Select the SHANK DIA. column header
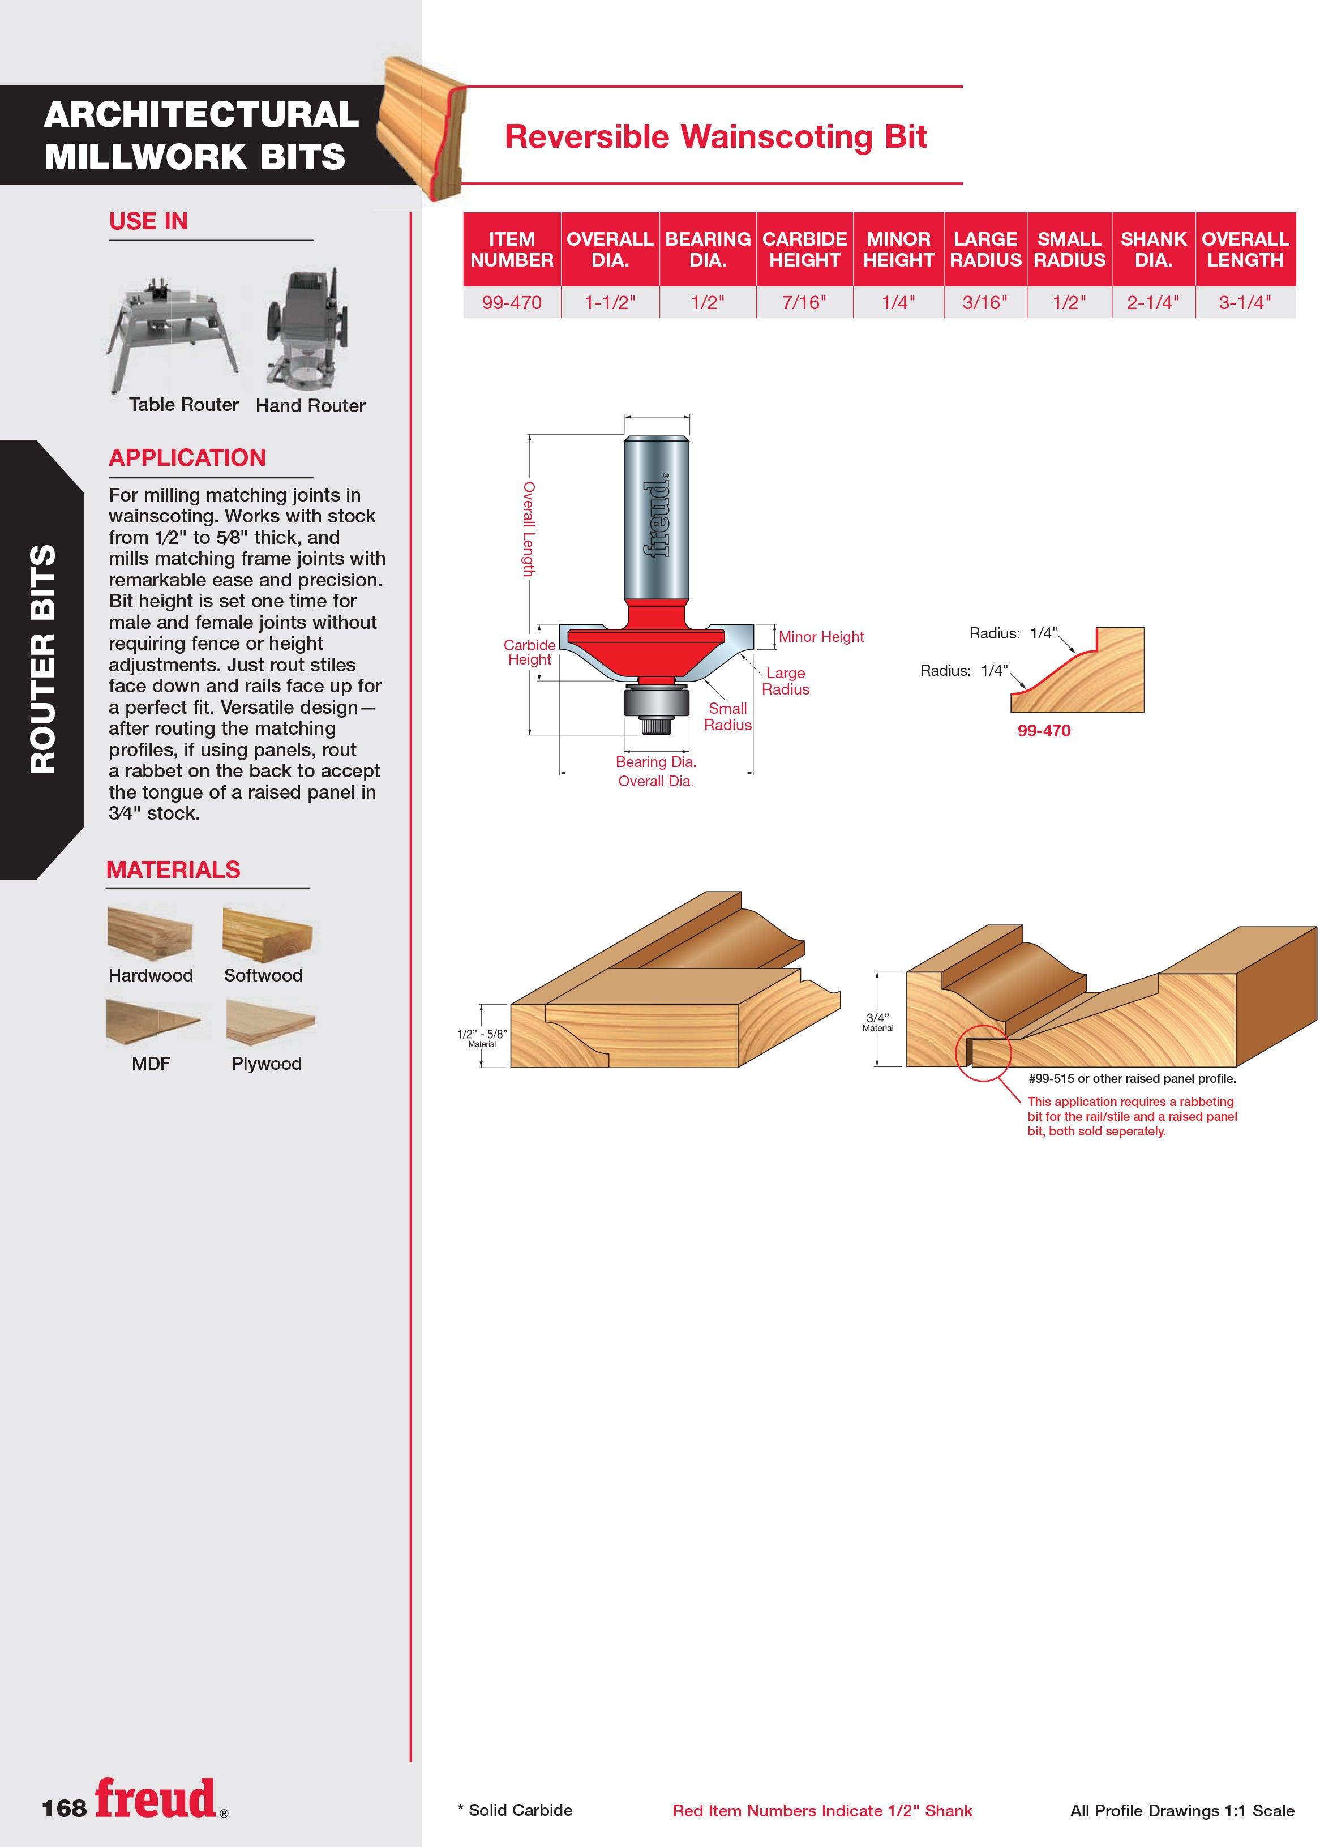tap(1154, 250)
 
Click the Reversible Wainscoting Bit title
tap(715, 136)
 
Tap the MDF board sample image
tap(153, 1021)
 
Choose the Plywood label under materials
tap(267, 1064)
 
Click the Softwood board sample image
tap(267, 935)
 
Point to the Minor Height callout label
tap(821, 637)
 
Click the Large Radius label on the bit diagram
tap(785, 681)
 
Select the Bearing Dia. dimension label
tap(656, 761)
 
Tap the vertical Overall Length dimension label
tap(528, 529)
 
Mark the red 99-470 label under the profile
tap(1044, 731)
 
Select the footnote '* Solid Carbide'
tap(515, 1810)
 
